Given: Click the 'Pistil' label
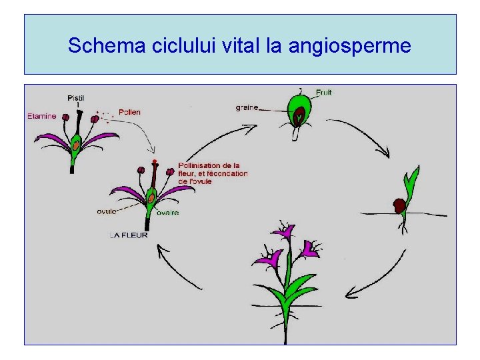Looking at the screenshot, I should [76, 98].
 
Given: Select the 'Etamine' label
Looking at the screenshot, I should [42, 116].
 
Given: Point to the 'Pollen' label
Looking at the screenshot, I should [129, 112].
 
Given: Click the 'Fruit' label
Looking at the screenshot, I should [324, 92].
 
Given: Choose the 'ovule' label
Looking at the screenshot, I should [107, 211].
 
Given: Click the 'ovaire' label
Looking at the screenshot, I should [167, 213].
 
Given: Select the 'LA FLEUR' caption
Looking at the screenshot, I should [129, 235].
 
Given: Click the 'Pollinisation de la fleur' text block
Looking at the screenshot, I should [213, 173].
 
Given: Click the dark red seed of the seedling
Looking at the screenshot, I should [399, 205].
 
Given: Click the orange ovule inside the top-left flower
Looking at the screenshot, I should [76, 144].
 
